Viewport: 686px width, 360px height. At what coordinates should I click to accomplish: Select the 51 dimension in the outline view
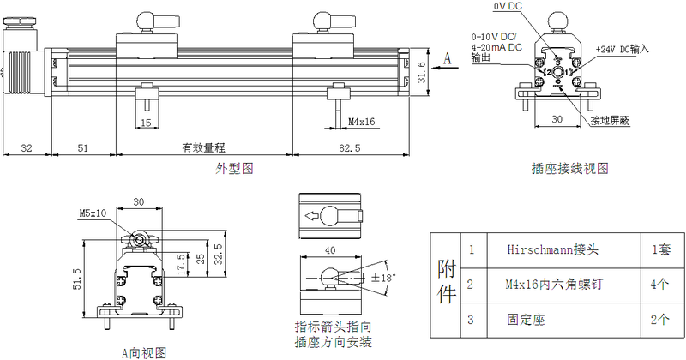(82, 147)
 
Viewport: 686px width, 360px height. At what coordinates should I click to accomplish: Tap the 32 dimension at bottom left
(26, 147)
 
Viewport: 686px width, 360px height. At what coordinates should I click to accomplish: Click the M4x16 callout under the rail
(362, 123)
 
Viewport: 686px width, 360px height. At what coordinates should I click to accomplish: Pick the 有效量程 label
(202, 147)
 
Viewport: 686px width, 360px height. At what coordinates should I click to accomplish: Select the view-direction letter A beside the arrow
(448, 57)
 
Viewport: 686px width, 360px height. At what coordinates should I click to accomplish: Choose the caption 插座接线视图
(570, 169)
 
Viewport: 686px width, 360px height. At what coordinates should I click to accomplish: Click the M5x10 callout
(93, 213)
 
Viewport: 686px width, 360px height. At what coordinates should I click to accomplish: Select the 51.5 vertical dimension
(76, 281)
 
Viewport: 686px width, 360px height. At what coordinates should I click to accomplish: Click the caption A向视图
(143, 352)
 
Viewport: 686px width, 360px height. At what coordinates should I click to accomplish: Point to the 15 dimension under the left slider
(146, 123)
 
